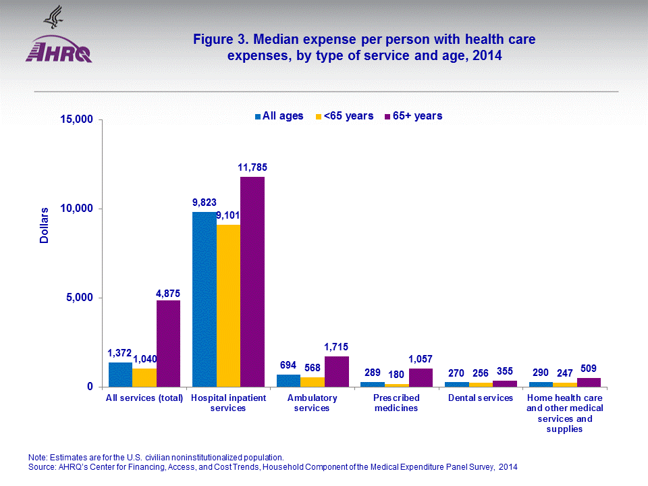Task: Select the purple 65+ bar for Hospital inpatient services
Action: click(x=252, y=281)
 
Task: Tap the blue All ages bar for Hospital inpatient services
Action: click(x=205, y=299)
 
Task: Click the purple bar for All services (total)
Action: click(x=168, y=343)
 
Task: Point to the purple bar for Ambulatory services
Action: click(x=336, y=371)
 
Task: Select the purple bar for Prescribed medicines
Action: click(x=421, y=377)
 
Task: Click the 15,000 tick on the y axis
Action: click(x=76, y=120)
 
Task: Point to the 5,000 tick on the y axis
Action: click(x=80, y=298)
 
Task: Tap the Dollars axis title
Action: click(x=45, y=225)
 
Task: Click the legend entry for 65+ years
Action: click(x=412, y=116)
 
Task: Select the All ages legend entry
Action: click(x=279, y=116)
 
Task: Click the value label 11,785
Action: click(x=252, y=167)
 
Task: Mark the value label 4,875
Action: click(x=168, y=294)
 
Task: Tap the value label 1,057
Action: click(x=421, y=359)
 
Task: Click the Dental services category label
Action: click(x=481, y=398)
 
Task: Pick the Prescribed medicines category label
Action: click(x=396, y=403)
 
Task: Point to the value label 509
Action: click(x=589, y=369)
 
